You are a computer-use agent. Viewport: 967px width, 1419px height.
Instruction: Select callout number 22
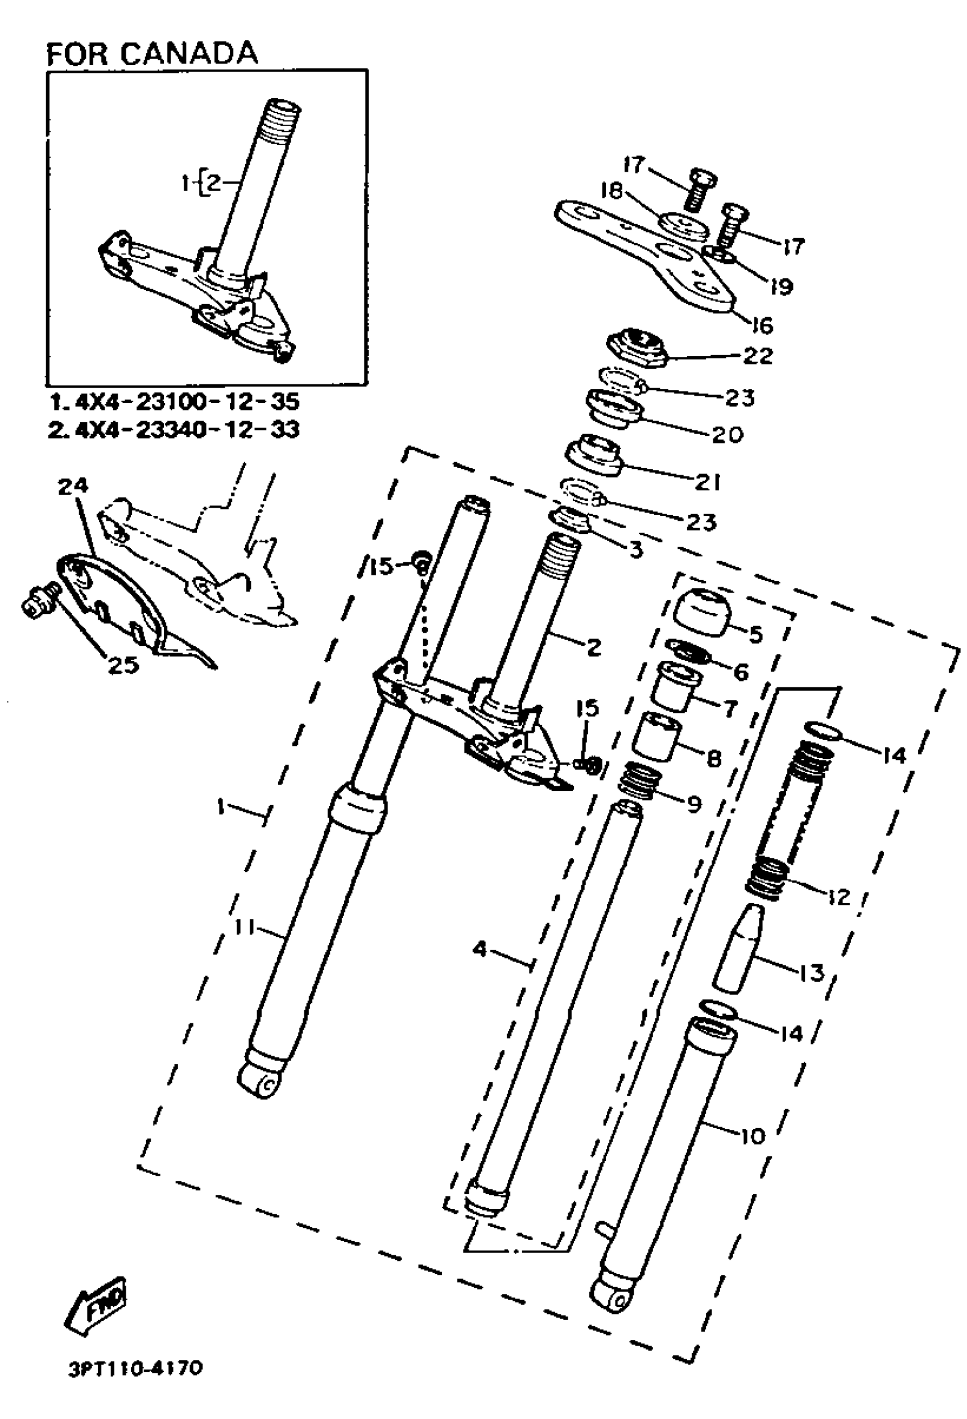[x=758, y=355]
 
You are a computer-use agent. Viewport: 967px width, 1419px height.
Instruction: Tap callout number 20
[x=728, y=434]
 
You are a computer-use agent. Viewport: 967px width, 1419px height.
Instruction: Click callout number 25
[x=123, y=665]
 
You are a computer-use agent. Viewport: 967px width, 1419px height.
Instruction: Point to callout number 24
[x=73, y=487]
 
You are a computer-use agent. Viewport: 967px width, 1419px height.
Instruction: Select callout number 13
[x=812, y=972]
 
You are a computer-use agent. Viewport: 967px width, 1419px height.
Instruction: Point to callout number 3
[x=636, y=550]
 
